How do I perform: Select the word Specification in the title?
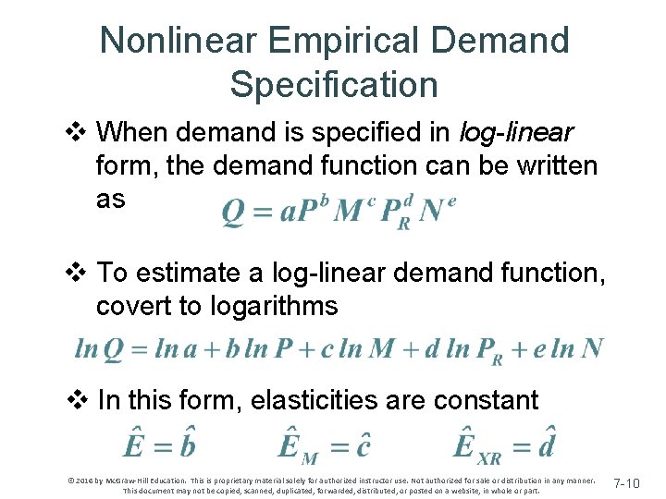tap(333, 85)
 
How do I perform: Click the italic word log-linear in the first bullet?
tap(516, 134)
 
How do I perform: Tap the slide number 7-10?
tap(633, 483)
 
